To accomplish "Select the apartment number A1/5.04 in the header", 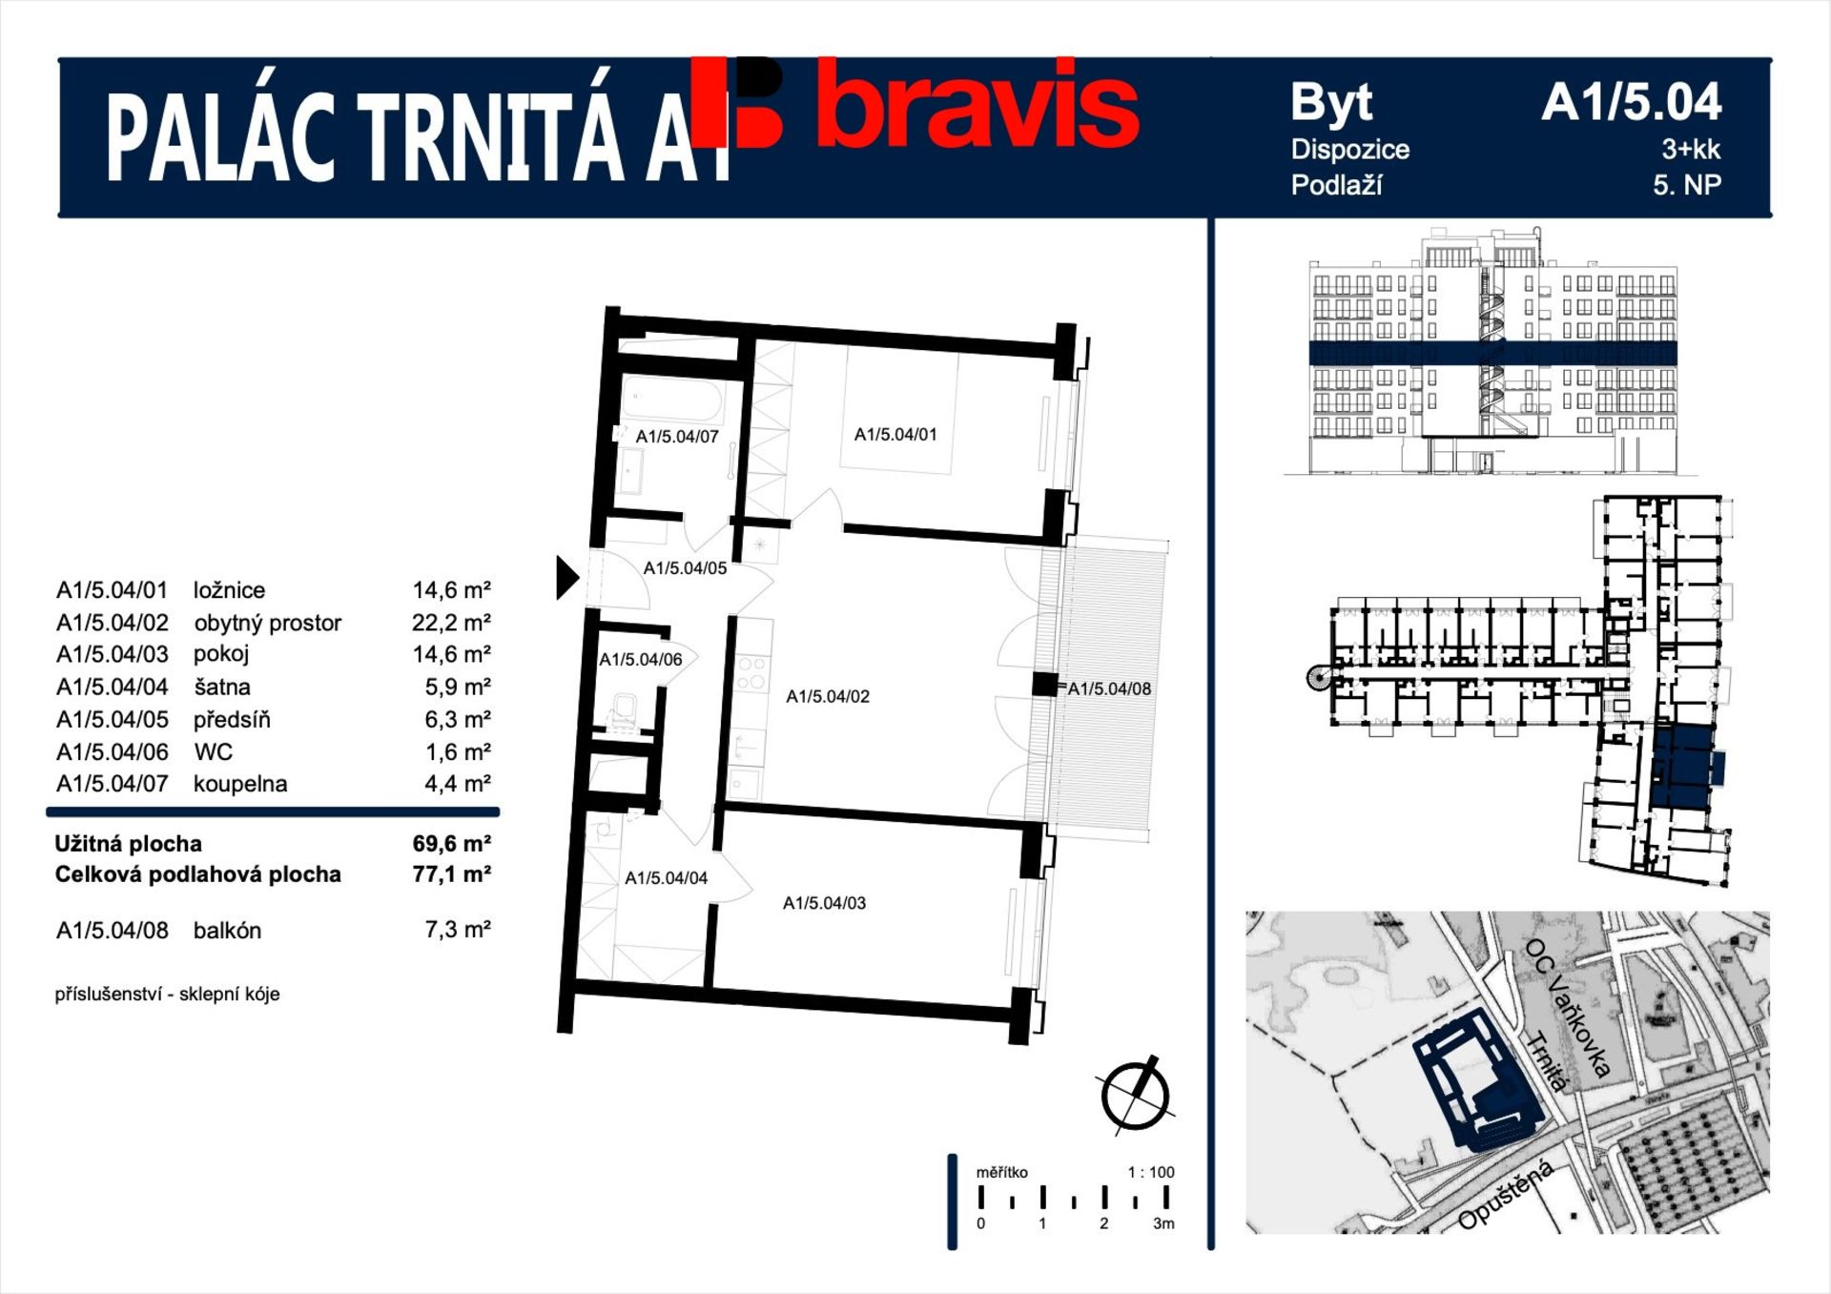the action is pos(1632,102).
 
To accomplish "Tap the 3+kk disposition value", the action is pos(1691,149).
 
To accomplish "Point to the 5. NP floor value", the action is pos(1687,185).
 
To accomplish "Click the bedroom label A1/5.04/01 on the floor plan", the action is pos(895,435).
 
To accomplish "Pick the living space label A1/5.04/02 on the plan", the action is pos(828,697).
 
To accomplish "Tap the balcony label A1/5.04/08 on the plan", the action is pos(1109,688).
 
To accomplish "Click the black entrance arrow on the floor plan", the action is pos(567,578).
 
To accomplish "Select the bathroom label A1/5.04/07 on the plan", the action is pos(677,437).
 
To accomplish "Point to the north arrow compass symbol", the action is pos(1135,1096).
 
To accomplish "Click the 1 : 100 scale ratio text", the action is pos(1151,1172).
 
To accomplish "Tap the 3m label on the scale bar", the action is pos(1163,1223).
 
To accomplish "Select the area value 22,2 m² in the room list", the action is pos(451,623).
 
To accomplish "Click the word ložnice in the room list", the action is pos(229,590).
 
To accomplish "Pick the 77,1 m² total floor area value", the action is pos(452,874).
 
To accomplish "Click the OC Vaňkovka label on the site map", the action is pos(1569,1007).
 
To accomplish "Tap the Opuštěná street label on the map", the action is pos(1507,1195).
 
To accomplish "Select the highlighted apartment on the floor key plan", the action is pos(1682,769).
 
